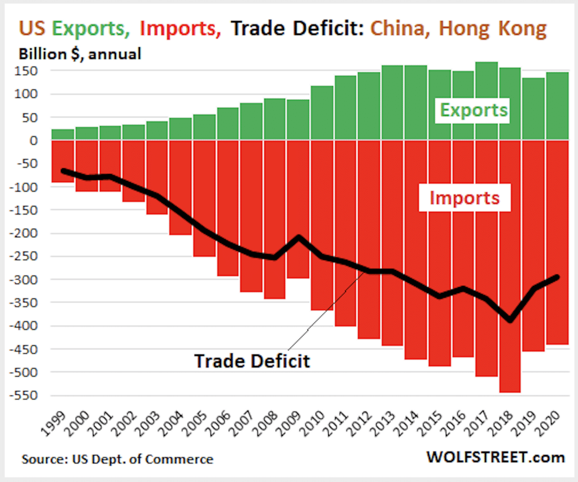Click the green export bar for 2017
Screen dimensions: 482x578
[x=486, y=101]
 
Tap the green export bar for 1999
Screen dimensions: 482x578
[x=63, y=135]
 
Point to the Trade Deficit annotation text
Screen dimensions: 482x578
[x=252, y=361]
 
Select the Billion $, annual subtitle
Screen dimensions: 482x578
[x=80, y=54]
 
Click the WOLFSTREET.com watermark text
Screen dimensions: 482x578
[x=496, y=457]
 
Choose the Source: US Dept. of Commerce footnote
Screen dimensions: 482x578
[x=117, y=459]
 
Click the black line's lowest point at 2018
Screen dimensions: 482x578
[x=510, y=320]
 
